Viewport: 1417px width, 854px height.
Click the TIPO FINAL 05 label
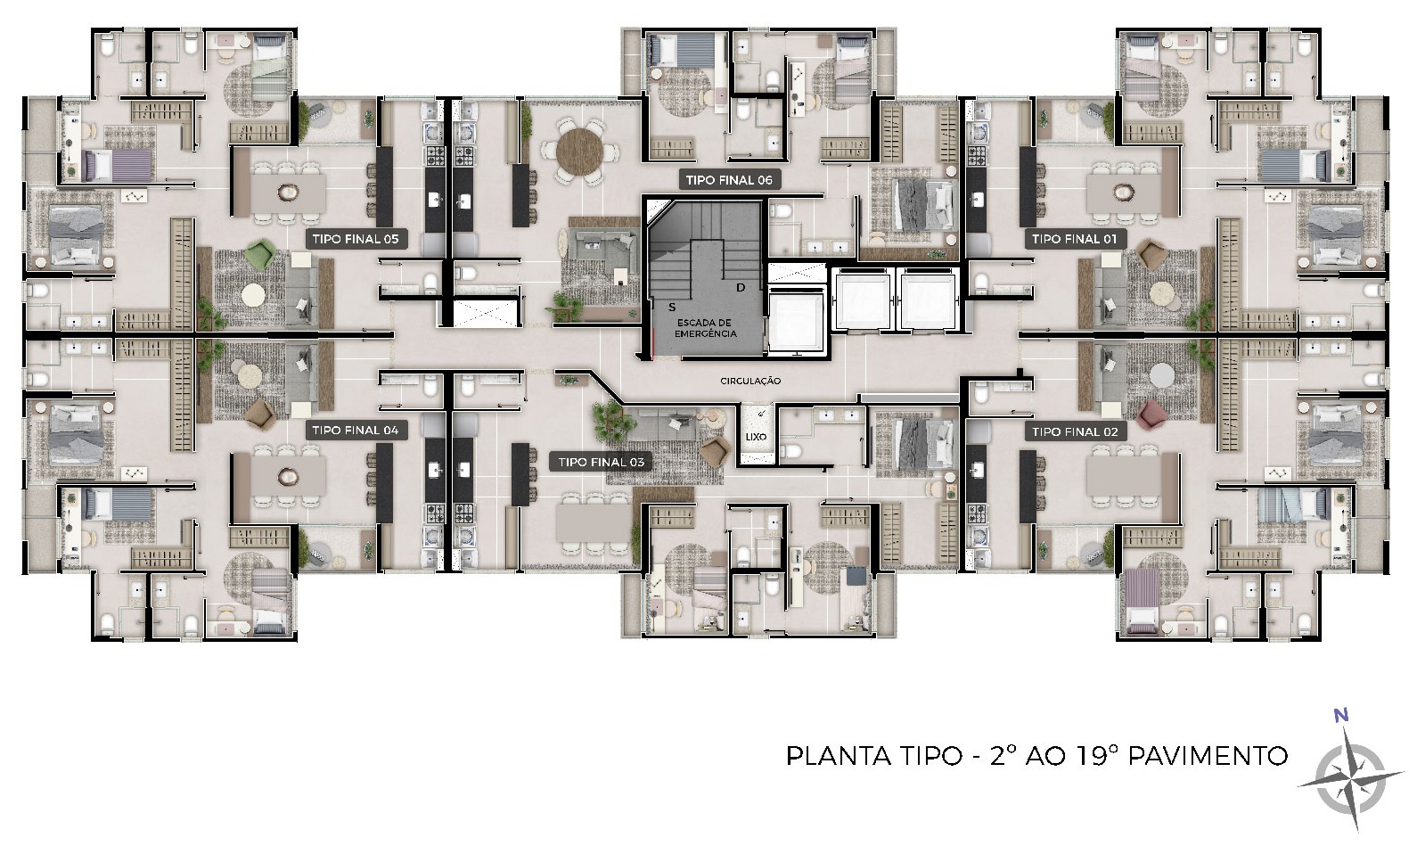coord(356,239)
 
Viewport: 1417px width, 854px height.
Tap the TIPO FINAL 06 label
coord(729,180)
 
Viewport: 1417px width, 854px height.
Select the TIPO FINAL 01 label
coord(1075,239)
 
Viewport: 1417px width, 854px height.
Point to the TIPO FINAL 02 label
coord(1075,432)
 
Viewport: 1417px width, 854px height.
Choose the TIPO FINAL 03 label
coord(601,463)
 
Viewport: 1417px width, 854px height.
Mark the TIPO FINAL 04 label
coord(356,431)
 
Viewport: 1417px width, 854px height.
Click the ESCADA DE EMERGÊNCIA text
coord(705,328)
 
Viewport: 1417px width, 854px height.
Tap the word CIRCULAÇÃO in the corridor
coord(750,381)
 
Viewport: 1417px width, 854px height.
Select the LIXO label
coord(756,437)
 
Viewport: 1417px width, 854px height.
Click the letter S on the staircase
coord(672,308)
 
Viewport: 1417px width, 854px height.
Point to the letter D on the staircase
coord(741,288)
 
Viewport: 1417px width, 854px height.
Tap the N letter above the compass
coord(1340,716)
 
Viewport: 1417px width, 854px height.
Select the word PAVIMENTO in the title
coord(1208,756)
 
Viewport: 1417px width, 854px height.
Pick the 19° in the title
coord(1097,756)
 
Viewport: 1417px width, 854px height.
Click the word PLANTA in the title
coord(839,756)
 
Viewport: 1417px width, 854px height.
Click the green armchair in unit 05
coord(260,254)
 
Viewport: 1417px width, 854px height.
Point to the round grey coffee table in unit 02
coord(1162,376)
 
